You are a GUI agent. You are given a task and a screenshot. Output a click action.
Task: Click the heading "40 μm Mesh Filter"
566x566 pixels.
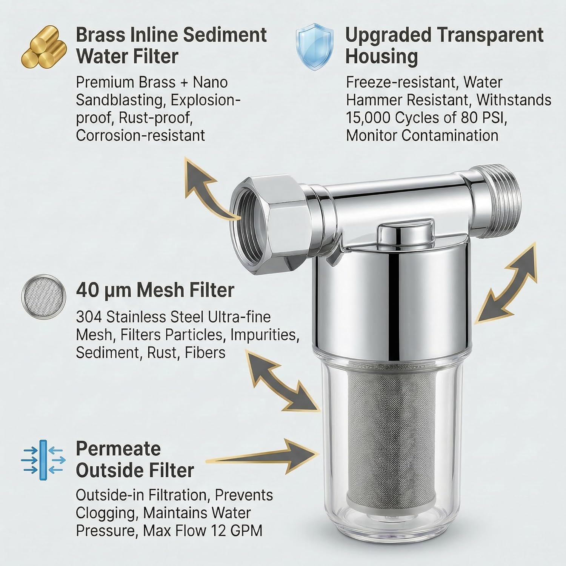coord(155,291)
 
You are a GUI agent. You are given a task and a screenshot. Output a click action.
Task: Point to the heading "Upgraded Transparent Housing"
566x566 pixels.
coord(444,46)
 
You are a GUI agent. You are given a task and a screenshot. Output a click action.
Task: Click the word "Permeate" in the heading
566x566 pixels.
coord(118,449)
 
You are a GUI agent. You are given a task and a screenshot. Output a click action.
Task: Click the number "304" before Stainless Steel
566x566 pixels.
coord(89,317)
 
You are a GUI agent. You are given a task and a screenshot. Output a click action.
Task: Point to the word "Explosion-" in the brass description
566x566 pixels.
coord(205,100)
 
